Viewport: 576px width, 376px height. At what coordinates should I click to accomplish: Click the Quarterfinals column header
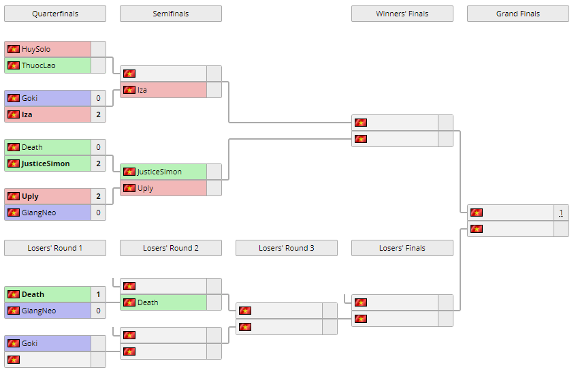pyautogui.click(x=55, y=14)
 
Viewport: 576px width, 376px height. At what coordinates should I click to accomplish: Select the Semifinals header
pyautogui.click(x=171, y=14)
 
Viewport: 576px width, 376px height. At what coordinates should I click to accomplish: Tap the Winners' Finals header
pyautogui.click(x=402, y=14)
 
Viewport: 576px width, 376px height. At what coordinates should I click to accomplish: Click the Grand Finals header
pyautogui.click(x=518, y=14)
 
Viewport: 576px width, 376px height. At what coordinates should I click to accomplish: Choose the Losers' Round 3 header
pyautogui.click(x=287, y=248)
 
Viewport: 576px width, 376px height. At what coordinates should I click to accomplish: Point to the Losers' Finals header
pyautogui.click(x=402, y=248)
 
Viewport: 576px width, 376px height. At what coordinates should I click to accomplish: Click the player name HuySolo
pyautogui.click(x=36, y=49)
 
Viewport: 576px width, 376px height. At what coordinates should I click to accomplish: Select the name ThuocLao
pyautogui.click(x=39, y=65)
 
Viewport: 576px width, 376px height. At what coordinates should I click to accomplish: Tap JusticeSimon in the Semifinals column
pyautogui.click(x=159, y=172)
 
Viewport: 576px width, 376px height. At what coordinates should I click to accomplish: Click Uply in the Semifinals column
pyautogui.click(x=146, y=188)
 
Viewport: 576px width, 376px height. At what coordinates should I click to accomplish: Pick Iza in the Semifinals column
pyautogui.click(x=142, y=90)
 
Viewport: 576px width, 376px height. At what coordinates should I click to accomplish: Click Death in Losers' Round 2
pyautogui.click(x=148, y=302)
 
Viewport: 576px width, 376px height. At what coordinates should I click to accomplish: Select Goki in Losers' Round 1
pyautogui.click(x=29, y=343)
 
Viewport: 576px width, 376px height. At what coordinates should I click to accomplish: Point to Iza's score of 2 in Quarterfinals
pyautogui.click(x=98, y=114)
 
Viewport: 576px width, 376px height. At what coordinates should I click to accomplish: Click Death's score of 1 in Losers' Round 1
pyautogui.click(x=98, y=294)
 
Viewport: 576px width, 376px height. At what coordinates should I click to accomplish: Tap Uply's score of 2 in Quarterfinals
pyautogui.click(x=98, y=196)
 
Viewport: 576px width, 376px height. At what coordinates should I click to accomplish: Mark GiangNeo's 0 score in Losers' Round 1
pyautogui.click(x=98, y=311)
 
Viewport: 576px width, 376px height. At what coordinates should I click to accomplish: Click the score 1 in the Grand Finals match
pyautogui.click(x=561, y=213)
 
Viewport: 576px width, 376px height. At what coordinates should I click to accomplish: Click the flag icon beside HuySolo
pyautogui.click(x=14, y=49)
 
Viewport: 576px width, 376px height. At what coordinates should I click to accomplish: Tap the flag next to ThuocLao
pyautogui.click(x=14, y=65)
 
